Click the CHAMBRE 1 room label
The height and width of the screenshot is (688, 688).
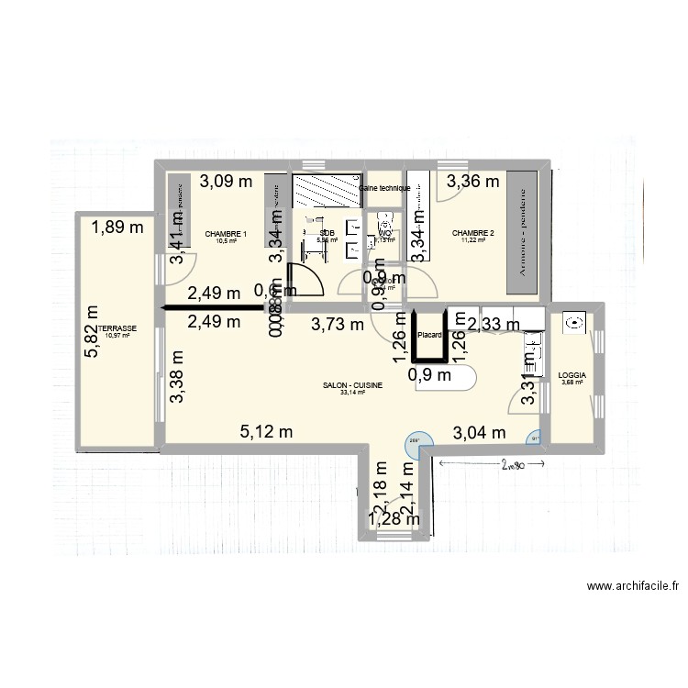226,233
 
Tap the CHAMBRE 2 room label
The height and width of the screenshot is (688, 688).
473,233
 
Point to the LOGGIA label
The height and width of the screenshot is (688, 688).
571,375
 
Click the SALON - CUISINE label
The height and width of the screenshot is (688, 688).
352,386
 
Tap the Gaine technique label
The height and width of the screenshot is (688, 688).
384,188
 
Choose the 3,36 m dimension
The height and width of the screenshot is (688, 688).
473,181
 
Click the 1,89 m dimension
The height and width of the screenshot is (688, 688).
117,227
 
